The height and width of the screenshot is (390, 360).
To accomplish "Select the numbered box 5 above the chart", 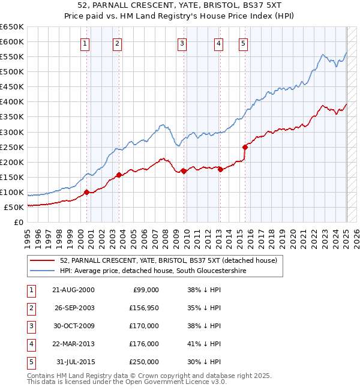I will click(243, 43).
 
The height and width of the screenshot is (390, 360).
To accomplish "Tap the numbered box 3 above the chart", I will click(181, 43).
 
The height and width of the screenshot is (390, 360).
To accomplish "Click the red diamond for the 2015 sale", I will click(245, 147).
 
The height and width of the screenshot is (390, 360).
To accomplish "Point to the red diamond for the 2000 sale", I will click(86, 192).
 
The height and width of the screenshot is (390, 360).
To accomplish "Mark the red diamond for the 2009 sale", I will click(184, 171).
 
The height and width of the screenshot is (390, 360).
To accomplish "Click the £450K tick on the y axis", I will click(12, 87).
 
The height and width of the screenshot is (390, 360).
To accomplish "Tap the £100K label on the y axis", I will click(12, 193).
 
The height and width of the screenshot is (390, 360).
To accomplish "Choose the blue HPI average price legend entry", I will click(153, 271).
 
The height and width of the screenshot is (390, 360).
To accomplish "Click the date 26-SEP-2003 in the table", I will click(73, 308).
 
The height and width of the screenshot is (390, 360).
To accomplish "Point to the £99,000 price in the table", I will click(145, 290).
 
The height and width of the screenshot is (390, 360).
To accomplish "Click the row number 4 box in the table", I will click(31, 344).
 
